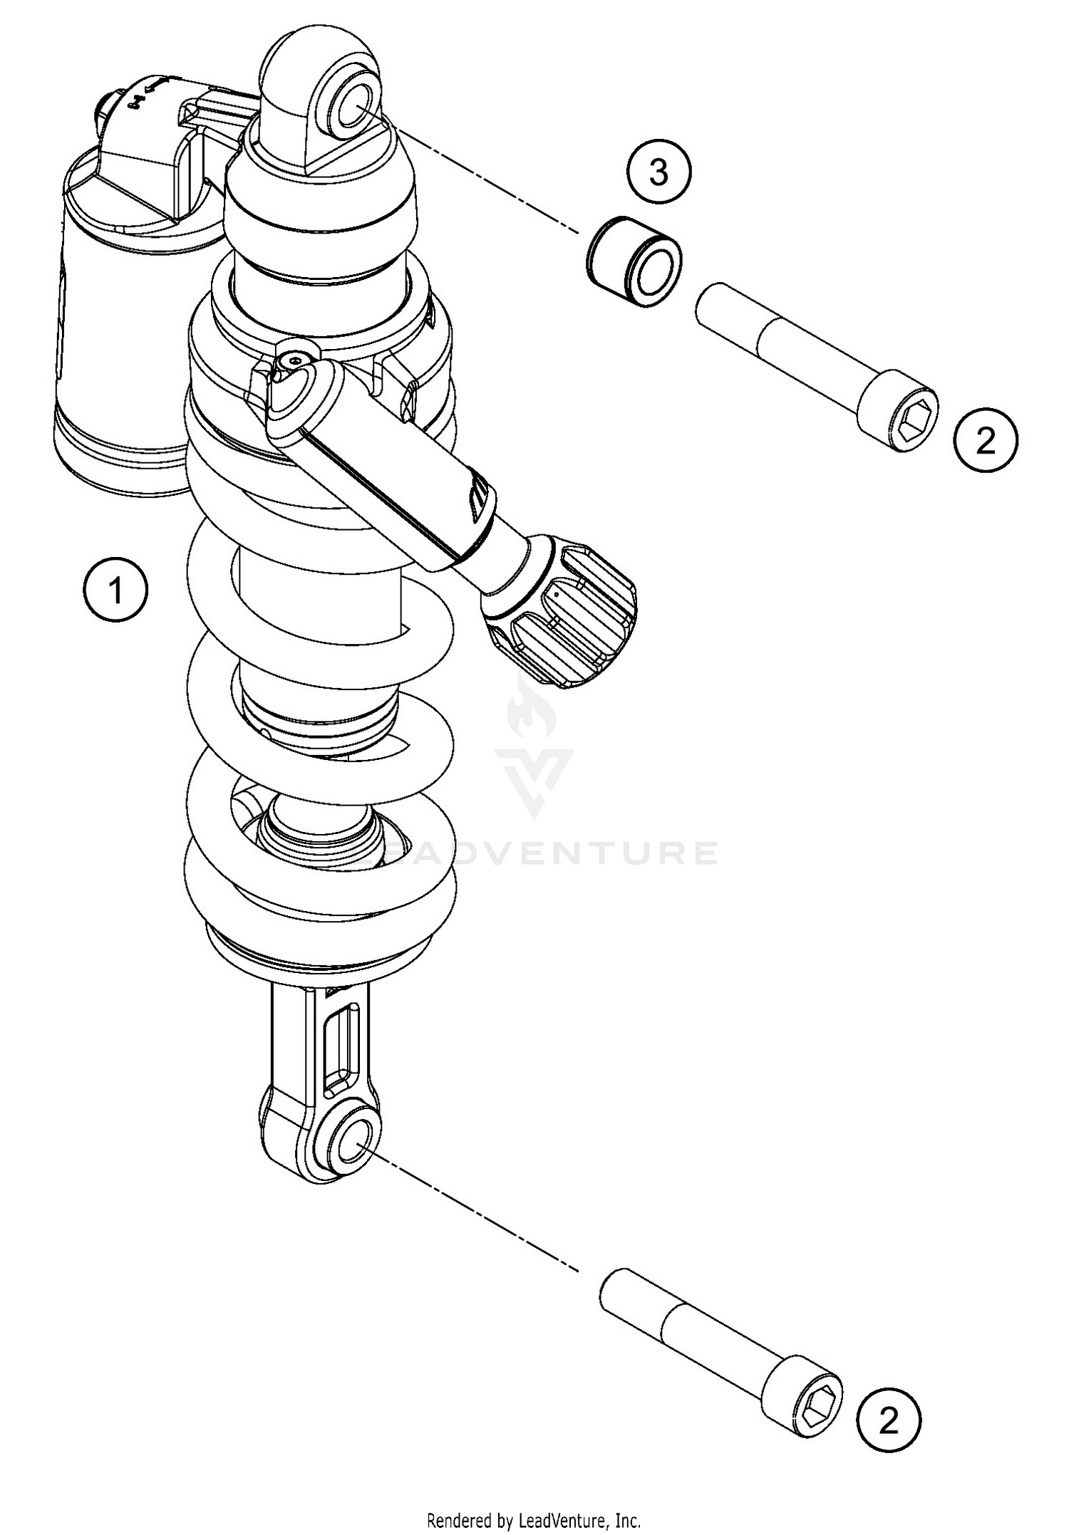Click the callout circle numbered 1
(x=115, y=590)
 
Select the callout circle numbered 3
(x=659, y=172)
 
